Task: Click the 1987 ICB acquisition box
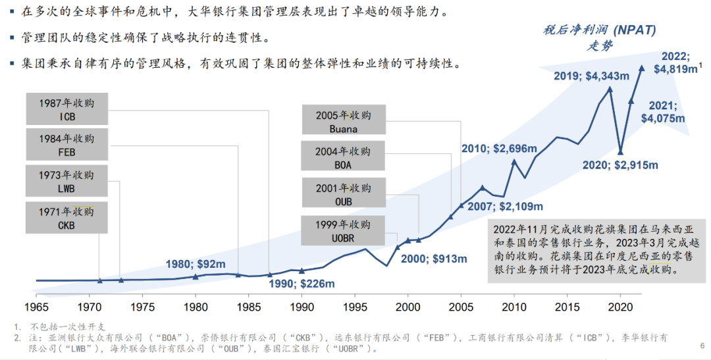[66, 109]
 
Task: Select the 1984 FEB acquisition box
[66, 145]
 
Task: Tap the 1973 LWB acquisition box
[66, 181]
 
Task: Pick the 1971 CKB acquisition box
[66, 218]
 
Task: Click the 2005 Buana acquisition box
[343, 121]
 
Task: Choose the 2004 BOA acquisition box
[343, 158]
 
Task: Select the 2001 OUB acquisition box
[343, 194]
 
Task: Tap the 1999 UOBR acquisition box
[343, 230]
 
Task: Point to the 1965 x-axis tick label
[36, 307]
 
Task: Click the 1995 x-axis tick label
[355, 307]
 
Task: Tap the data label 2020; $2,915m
[620, 165]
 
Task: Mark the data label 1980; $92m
[195, 264]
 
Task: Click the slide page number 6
[702, 344]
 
